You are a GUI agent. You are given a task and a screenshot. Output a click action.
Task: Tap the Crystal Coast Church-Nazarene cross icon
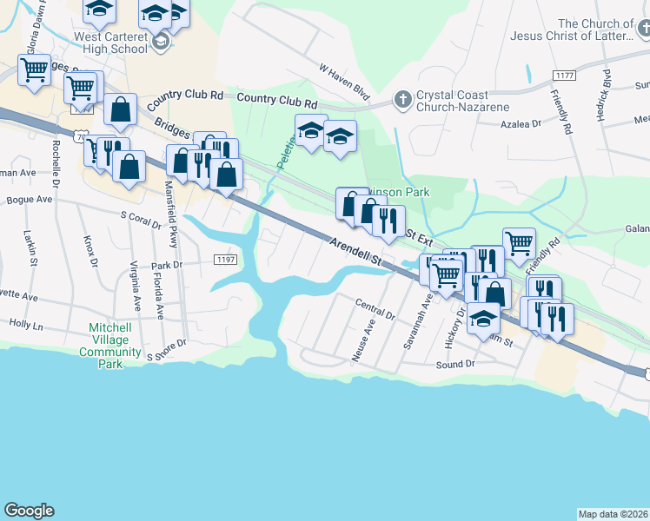point(402,100)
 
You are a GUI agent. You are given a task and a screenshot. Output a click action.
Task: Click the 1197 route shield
point(226,259)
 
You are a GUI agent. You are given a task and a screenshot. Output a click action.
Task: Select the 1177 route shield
point(564,76)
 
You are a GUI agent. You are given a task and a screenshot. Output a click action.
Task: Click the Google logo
point(29,511)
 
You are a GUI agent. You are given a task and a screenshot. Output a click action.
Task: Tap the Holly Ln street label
point(25,324)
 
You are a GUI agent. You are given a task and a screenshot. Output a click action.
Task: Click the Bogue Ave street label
point(30,199)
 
